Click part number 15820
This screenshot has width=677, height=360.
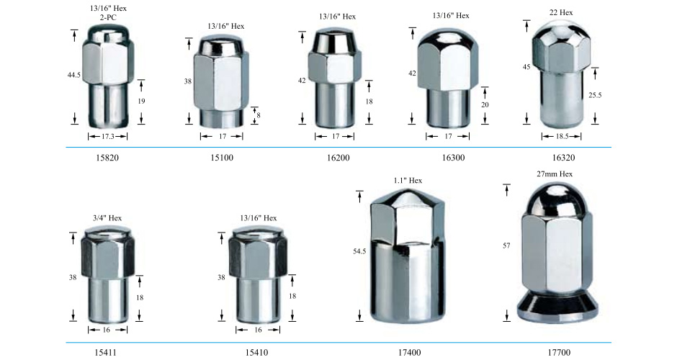pos(107,158)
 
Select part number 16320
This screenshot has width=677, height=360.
pos(564,158)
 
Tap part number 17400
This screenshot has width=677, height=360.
pos(409,353)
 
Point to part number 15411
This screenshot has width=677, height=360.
pos(105,353)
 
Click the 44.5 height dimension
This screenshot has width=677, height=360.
pos(74,75)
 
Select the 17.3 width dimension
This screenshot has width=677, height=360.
pos(107,136)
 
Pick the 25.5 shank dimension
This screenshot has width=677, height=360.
pos(594,95)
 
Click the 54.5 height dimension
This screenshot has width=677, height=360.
pos(359,251)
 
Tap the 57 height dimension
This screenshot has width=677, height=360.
pos(506,246)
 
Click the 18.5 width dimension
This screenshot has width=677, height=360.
pos(561,136)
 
